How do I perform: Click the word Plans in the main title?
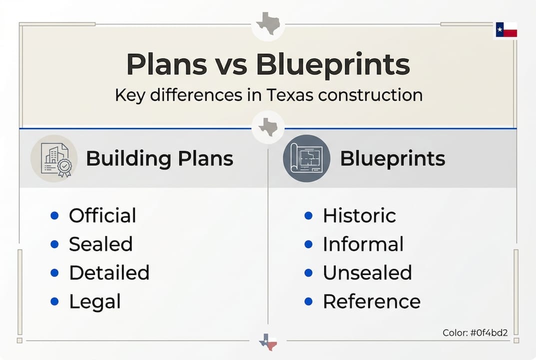(166, 64)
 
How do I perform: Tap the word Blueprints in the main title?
(333, 64)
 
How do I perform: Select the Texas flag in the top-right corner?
(506, 30)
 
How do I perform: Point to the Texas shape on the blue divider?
(268, 127)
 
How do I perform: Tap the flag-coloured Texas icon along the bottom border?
(268, 341)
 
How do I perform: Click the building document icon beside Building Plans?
(54, 158)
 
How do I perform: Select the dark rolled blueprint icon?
(306, 158)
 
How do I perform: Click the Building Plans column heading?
(159, 159)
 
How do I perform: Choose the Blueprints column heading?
(392, 159)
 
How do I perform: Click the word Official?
(102, 216)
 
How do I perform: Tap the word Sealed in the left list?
(100, 244)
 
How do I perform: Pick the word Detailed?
(109, 273)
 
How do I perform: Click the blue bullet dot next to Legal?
(54, 301)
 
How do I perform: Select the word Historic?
(359, 216)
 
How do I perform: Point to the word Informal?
(363, 244)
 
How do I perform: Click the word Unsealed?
(367, 273)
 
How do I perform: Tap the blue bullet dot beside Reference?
(308, 301)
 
